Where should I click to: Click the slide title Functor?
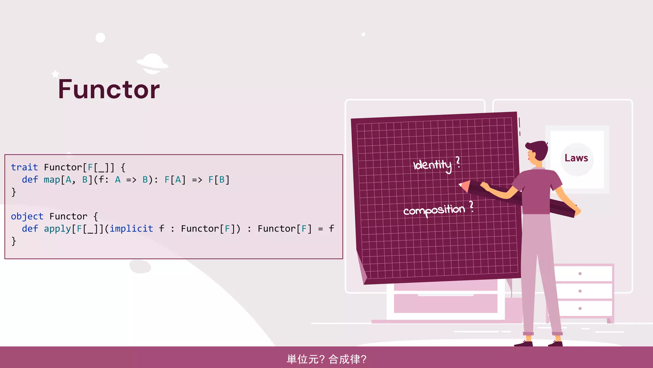pos(109,89)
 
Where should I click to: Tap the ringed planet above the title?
pos(152,64)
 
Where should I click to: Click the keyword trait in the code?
pos(24,167)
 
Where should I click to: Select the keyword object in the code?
pos(27,216)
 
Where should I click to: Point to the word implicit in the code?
pos(131,228)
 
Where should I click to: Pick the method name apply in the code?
pos(57,229)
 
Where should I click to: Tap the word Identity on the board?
pos(432,165)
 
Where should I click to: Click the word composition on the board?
pos(434,210)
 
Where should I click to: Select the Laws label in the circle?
pos(576,158)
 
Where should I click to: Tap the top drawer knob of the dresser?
pos(580,274)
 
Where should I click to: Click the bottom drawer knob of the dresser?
pos(580,308)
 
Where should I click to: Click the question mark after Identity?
pos(458,162)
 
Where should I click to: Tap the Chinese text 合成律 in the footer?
pos(344,359)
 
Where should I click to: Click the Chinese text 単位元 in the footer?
pos(302,359)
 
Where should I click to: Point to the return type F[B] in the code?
pos(219,180)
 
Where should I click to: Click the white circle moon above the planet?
pos(100,38)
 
